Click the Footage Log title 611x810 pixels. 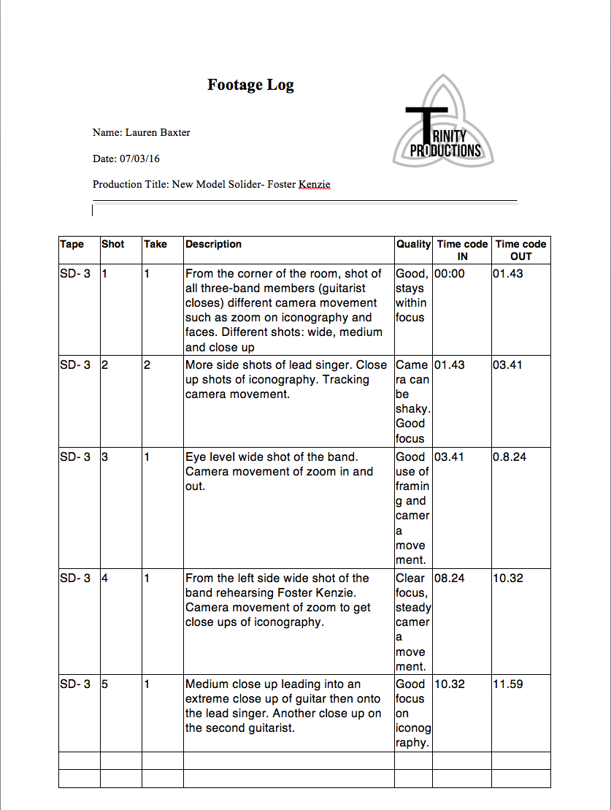click(x=250, y=85)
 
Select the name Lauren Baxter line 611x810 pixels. click(x=141, y=132)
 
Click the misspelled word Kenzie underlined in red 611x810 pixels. click(x=314, y=184)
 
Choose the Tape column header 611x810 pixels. click(x=72, y=244)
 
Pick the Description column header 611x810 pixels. click(x=213, y=244)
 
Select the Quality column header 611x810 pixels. click(x=413, y=244)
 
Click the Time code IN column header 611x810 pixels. click(x=462, y=250)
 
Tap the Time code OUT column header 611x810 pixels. click(x=520, y=250)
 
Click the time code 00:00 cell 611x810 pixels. click(x=450, y=273)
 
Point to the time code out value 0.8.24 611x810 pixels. click(x=510, y=456)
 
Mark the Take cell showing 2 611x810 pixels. click(x=147, y=364)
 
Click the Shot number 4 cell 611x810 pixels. click(x=104, y=578)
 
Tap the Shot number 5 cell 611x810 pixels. click(x=104, y=684)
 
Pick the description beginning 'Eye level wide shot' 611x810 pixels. click(x=279, y=471)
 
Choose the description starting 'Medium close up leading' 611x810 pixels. click(x=283, y=706)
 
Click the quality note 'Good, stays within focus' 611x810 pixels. click(x=412, y=295)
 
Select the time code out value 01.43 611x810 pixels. click(x=507, y=273)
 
